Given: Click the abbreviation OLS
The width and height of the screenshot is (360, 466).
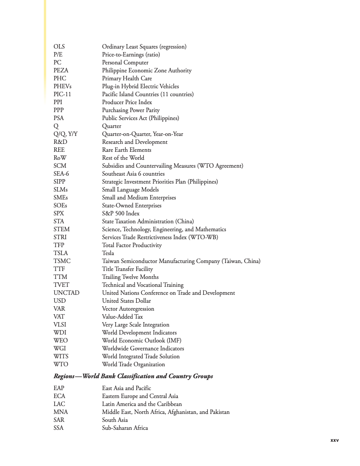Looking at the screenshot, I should point(59,47).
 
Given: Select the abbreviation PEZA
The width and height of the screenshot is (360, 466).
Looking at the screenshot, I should point(61,71).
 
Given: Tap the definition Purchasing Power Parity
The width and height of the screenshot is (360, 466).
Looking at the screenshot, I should point(131,110).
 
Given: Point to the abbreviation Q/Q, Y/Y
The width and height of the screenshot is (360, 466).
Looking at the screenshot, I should point(65,134).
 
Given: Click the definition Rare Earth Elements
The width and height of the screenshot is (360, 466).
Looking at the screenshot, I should point(127,150).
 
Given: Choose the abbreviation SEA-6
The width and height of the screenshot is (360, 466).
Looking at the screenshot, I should point(61,174).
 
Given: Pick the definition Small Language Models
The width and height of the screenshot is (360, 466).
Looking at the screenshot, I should point(130,190).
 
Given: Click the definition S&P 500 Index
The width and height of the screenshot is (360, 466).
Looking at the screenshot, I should point(120,214).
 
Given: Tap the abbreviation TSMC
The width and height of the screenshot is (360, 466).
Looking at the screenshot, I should point(62,261).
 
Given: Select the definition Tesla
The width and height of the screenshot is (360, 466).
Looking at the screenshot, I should point(108,253).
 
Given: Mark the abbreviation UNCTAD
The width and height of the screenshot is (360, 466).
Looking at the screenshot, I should point(66,293).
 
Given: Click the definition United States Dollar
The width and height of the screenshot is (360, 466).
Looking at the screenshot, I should point(126,301).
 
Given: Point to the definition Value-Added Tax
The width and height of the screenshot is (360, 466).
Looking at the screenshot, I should point(122,317).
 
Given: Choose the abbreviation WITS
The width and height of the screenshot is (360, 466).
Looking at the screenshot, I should point(61,357).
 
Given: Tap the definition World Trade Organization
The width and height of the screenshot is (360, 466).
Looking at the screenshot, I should point(133,365).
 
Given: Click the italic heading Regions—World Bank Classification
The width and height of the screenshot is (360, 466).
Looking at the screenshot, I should point(133,376).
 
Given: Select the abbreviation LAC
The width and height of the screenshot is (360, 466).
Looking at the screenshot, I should point(60,404).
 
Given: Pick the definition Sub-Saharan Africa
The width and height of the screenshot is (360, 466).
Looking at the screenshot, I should point(125,428).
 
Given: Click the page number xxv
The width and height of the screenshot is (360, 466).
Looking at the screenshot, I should point(334,440).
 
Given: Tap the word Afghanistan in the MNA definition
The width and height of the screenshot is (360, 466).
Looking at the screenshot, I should point(182,412).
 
